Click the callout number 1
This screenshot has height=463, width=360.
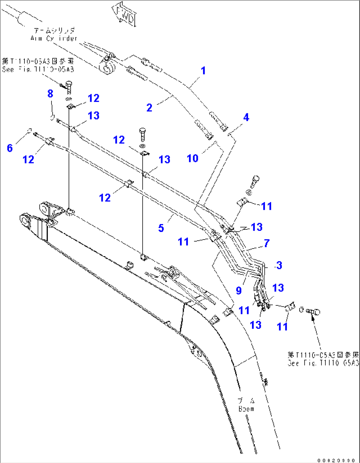[203, 71]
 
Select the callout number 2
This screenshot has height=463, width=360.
[149, 107]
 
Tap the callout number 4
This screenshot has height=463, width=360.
[246, 117]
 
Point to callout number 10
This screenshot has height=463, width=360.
[193, 158]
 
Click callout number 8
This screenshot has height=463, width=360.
[50, 94]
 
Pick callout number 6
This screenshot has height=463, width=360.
[10, 148]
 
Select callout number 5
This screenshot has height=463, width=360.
[161, 228]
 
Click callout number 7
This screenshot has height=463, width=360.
[267, 243]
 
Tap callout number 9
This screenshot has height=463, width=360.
[239, 290]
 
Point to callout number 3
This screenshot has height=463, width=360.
[279, 265]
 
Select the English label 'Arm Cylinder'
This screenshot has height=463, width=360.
[54, 38]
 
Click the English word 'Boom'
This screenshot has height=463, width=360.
[246, 409]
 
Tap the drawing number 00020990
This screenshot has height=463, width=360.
[337, 460]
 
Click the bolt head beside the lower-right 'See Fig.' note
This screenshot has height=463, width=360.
[315, 311]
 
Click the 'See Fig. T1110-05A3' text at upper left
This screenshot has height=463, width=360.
[38, 69]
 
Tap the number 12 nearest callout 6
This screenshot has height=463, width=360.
[28, 160]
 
